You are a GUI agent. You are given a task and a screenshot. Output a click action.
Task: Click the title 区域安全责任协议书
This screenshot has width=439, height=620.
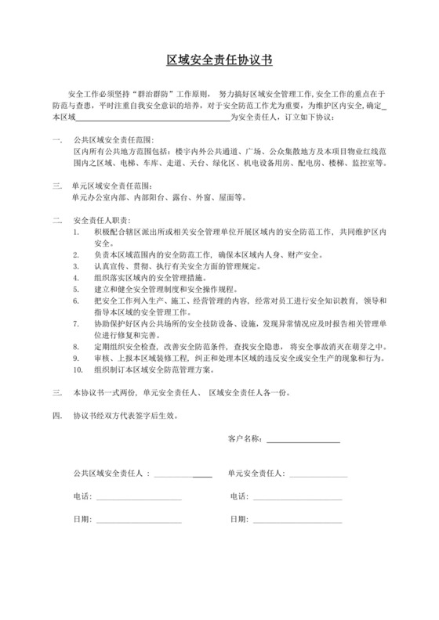pyautogui.click(x=219, y=60)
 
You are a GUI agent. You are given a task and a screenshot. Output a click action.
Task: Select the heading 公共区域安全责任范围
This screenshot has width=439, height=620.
pyautogui.click(x=115, y=139)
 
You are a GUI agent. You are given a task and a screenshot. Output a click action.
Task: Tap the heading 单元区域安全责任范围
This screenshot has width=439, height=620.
pyautogui.click(x=115, y=186)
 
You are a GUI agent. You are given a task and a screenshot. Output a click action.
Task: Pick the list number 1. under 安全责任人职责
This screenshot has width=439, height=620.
pyautogui.click(x=76, y=233)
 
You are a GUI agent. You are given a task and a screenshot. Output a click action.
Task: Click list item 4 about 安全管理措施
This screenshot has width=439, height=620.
pyautogui.click(x=146, y=278)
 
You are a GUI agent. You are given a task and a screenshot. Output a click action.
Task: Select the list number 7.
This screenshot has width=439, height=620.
pyautogui.click(x=76, y=323)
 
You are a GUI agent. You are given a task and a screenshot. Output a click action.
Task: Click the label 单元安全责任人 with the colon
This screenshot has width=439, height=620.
pyautogui.click(x=256, y=474)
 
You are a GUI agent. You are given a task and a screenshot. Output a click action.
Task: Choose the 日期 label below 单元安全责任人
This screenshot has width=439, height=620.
pyautogui.click(x=239, y=519)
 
